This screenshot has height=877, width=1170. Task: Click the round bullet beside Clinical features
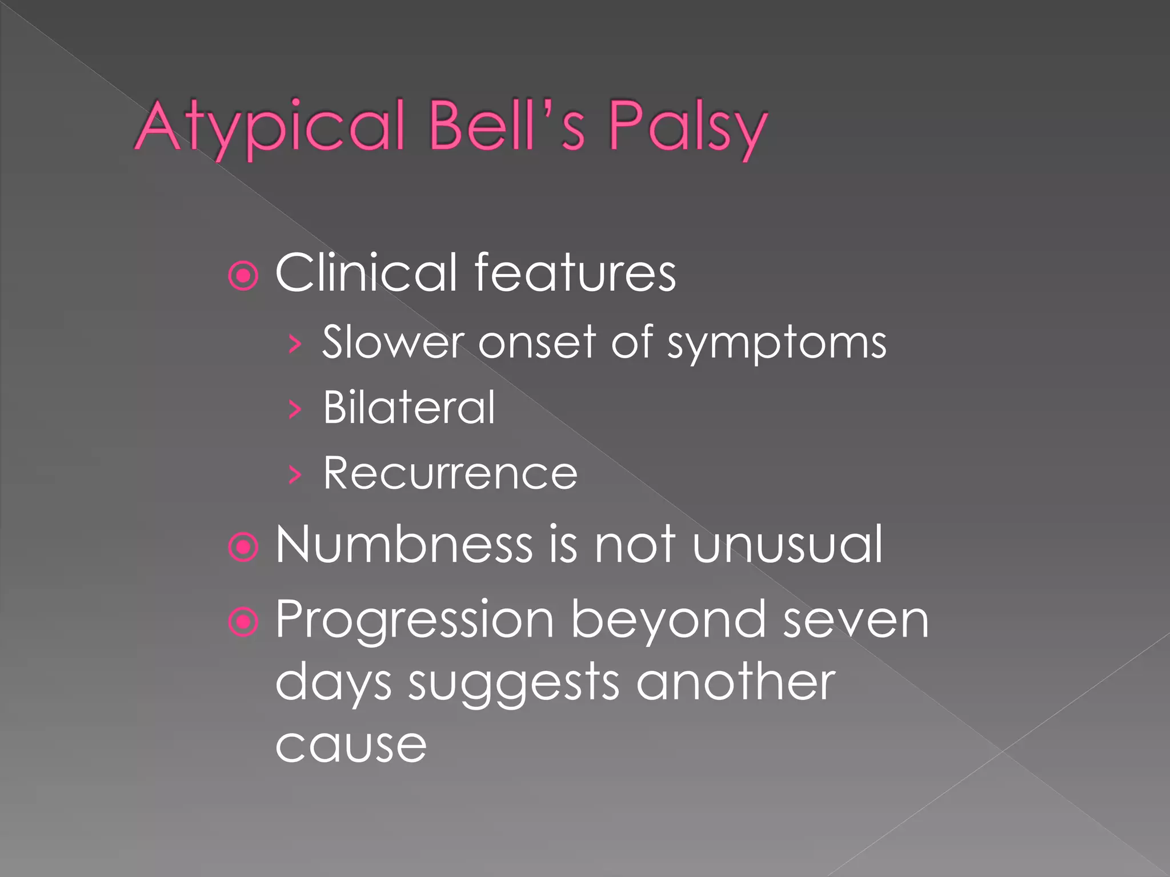243,276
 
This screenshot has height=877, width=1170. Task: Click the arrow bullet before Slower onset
295,345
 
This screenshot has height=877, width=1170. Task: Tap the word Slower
393,343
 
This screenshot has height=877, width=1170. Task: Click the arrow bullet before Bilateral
295,409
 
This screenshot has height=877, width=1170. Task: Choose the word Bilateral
409,408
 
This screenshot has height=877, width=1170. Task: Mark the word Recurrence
450,473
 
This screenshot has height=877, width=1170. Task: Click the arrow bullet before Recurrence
295,474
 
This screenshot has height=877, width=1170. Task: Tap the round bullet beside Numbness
243,548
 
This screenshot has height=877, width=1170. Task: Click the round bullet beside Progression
243,621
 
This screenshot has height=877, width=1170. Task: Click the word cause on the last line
351,746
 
